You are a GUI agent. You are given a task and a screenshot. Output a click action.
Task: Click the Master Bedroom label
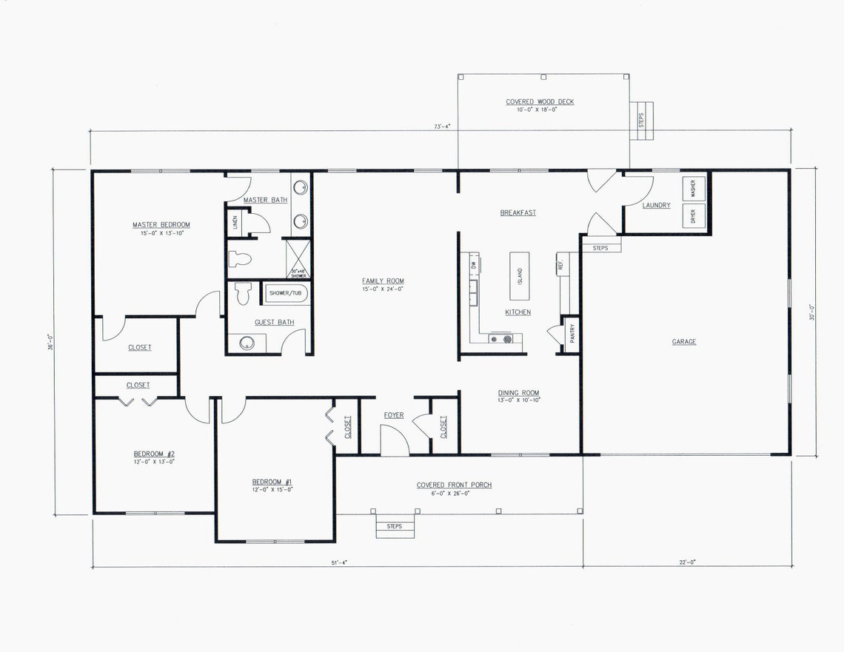click(161, 225)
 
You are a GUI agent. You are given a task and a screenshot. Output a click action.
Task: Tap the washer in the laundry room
click(694, 189)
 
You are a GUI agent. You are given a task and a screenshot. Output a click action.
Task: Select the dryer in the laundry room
click(694, 216)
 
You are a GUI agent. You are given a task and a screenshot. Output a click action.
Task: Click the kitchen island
click(520, 271)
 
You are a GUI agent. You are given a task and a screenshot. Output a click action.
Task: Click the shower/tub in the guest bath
click(286, 293)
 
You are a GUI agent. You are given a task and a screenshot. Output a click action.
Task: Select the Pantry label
click(572, 334)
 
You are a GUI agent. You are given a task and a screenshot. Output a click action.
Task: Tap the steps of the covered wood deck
click(642, 118)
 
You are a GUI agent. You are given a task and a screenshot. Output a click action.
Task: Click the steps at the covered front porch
click(394, 526)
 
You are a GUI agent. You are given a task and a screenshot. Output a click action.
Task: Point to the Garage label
click(684, 342)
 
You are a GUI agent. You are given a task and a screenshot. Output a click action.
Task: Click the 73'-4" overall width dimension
click(443, 127)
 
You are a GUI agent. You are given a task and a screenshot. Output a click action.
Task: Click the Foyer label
click(394, 415)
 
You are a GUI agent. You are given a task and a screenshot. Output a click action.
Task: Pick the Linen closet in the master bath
click(235, 222)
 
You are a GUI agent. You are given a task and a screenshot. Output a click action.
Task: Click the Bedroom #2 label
click(154, 454)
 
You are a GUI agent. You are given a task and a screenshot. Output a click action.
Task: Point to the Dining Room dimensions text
click(519, 400)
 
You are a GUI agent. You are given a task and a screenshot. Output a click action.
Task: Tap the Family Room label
click(383, 280)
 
